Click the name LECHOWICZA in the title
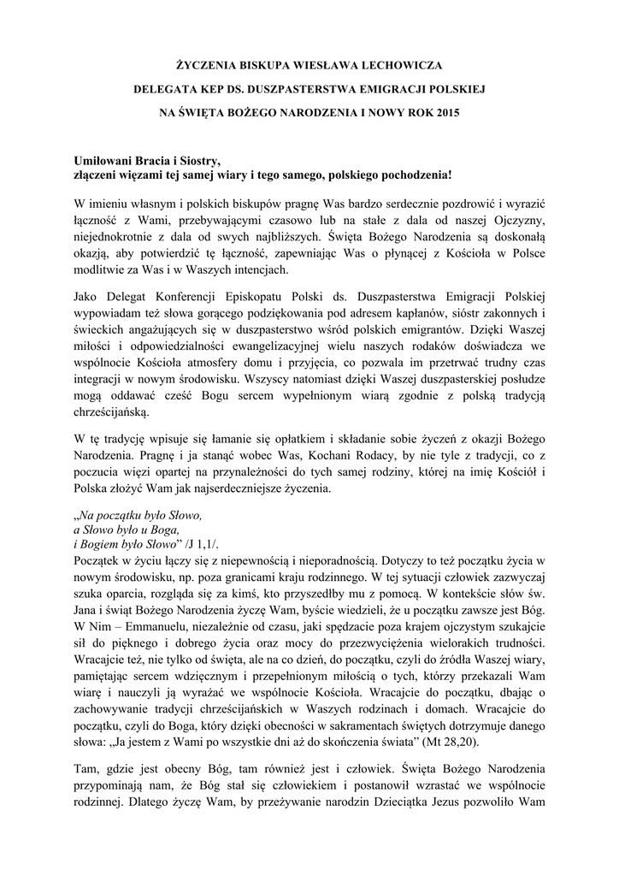[401, 64]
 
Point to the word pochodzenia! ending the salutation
[415, 175]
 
